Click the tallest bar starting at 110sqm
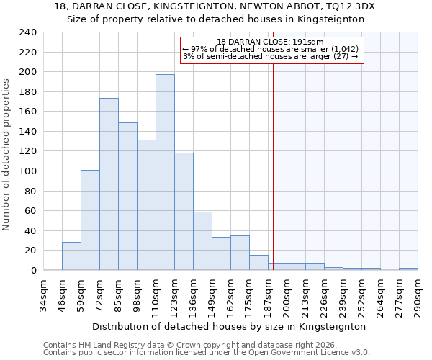(x=165, y=172)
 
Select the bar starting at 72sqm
(x=109, y=184)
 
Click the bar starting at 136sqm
(x=202, y=241)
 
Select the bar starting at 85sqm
(x=127, y=197)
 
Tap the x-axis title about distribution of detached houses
(x=230, y=326)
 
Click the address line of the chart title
(x=215, y=6)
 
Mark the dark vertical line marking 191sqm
(x=273, y=166)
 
